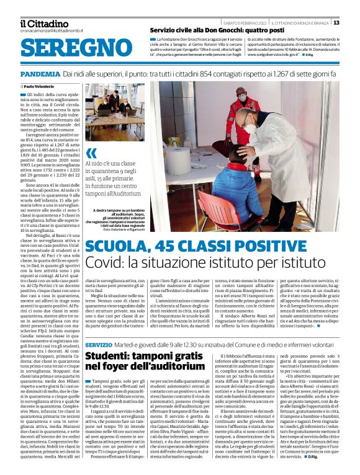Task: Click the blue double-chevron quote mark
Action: pos(91,154)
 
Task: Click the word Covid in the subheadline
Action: pos(106,265)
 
